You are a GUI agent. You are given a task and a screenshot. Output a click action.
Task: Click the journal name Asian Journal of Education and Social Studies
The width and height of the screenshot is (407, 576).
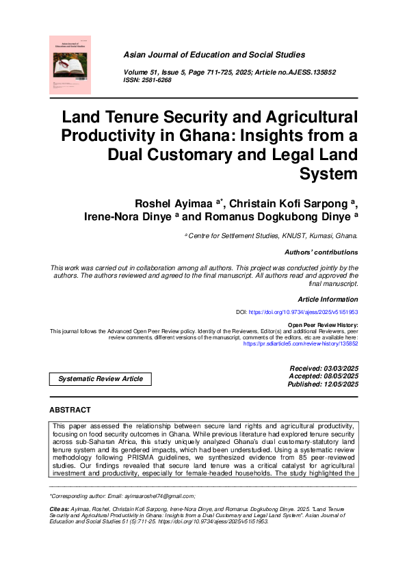click(214, 55)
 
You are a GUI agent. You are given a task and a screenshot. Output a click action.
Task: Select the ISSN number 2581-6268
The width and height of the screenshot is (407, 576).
click(157, 80)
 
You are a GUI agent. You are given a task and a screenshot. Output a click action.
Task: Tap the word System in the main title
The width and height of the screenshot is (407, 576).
click(329, 174)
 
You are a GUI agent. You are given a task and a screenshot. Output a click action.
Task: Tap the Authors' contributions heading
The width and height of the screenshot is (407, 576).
click(320, 252)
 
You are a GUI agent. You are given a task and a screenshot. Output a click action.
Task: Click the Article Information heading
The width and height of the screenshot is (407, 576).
click(328, 300)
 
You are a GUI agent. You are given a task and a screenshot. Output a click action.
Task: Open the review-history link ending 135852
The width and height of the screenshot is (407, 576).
click(301, 343)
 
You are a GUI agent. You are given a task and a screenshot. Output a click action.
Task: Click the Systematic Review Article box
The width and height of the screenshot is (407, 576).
click(101, 379)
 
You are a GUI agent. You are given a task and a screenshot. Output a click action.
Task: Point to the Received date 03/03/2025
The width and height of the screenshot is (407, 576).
click(340, 369)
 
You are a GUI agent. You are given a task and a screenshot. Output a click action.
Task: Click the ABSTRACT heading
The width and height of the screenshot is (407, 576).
click(70, 410)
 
